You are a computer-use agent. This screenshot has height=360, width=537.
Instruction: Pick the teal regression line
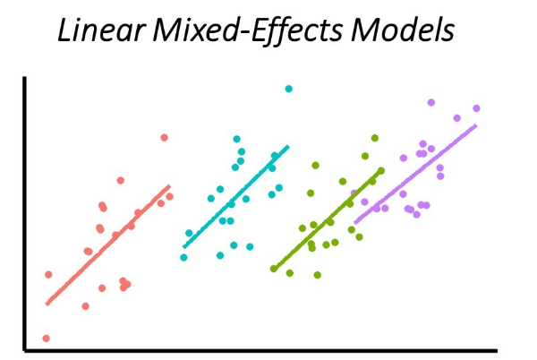pyautogui.click(x=235, y=197)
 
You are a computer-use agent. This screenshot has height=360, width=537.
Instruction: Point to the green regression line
pyautogui.click(x=327, y=219)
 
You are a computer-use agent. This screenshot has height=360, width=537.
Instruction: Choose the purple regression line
pyautogui.click(x=416, y=174)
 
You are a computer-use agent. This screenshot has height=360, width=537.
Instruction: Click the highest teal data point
pyautogui.click(x=288, y=89)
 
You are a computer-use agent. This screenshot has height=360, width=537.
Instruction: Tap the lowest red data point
pyautogui.click(x=46, y=339)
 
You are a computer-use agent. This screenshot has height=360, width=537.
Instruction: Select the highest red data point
pyautogui.click(x=164, y=137)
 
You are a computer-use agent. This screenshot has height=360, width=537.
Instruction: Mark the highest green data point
pyautogui.click(x=375, y=138)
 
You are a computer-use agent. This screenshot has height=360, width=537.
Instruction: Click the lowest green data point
pyautogui.click(x=317, y=275)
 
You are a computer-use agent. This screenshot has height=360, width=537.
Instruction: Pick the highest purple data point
pyautogui.click(x=430, y=102)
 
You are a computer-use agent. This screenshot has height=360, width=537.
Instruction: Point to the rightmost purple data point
pyautogui.click(x=476, y=108)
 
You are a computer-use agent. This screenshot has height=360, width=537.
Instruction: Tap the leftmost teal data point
pyautogui.click(x=183, y=257)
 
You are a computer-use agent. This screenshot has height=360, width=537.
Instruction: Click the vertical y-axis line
pyautogui.click(x=25, y=215)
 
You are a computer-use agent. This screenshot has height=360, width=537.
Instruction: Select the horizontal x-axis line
pyautogui.click(x=268, y=350)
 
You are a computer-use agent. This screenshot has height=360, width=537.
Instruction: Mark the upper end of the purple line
pyautogui.click(x=476, y=125)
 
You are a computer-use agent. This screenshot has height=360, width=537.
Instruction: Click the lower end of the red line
pyautogui.click(x=47, y=304)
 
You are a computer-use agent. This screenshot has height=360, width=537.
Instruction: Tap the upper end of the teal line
pyautogui.click(x=288, y=146)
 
